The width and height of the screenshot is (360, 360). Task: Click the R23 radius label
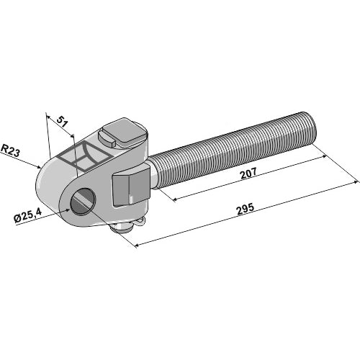(10, 150)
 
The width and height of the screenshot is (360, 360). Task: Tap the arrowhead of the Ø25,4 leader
(70, 209)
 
